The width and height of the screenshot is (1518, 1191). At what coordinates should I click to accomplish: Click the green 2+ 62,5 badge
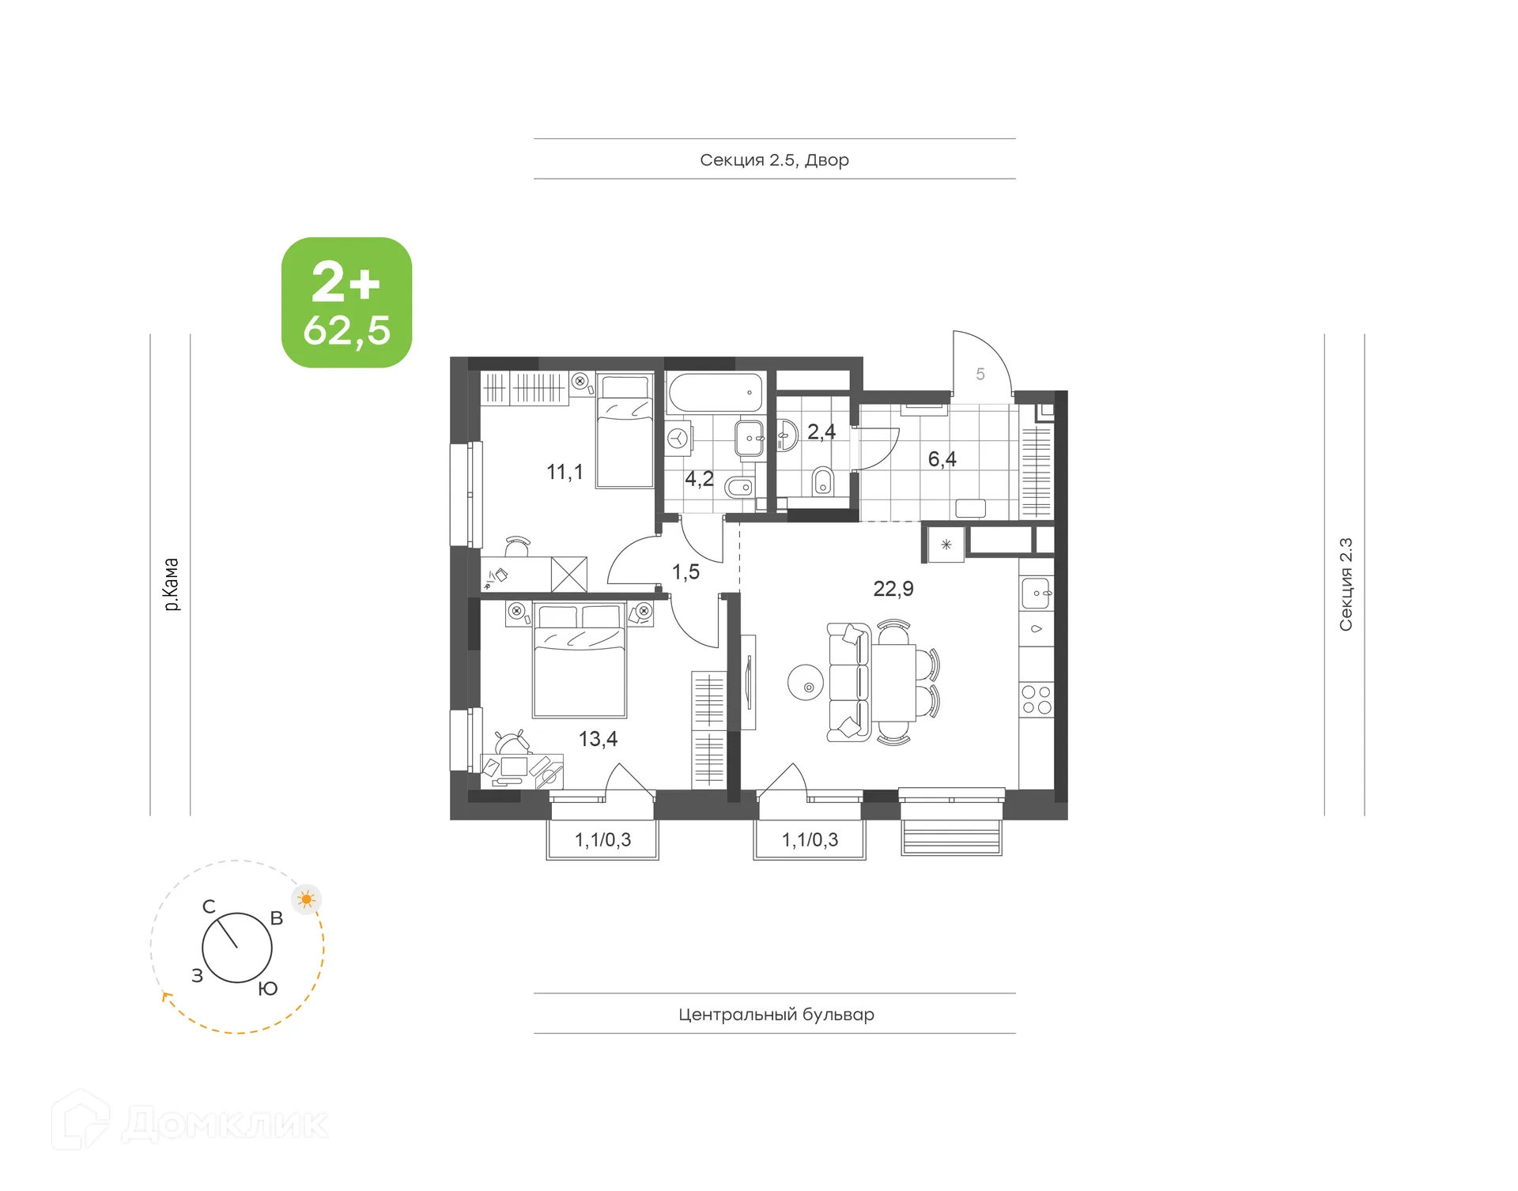tap(346, 303)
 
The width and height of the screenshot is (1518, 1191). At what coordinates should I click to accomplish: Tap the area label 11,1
tap(565, 472)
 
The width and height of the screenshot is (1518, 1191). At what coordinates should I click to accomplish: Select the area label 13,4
tap(598, 739)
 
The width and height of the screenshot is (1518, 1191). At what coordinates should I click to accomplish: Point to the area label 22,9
tap(893, 589)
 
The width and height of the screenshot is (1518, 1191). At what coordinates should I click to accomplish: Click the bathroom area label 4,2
tap(699, 479)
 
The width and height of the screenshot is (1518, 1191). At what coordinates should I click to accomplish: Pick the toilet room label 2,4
tap(821, 432)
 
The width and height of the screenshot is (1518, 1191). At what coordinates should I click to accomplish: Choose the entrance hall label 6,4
tap(942, 459)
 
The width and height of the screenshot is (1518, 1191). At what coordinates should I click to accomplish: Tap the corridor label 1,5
tap(685, 572)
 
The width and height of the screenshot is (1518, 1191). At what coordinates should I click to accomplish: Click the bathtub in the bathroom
tap(715, 392)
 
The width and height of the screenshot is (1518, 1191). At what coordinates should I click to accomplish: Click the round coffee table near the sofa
tap(806, 682)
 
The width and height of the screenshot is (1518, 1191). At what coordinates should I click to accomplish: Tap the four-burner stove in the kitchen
tap(1037, 699)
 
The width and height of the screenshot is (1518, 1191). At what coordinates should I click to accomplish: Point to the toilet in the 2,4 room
tap(823, 481)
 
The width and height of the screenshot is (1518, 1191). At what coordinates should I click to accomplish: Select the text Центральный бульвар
tap(776, 1014)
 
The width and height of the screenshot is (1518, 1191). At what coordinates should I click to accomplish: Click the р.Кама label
tap(171, 584)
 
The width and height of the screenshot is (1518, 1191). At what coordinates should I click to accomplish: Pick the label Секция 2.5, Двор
tap(774, 160)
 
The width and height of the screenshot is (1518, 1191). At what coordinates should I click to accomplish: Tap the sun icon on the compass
tap(307, 899)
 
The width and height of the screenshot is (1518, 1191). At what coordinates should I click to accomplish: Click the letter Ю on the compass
tap(268, 989)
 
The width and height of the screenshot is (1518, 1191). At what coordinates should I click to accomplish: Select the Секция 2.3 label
tap(1346, 584)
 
